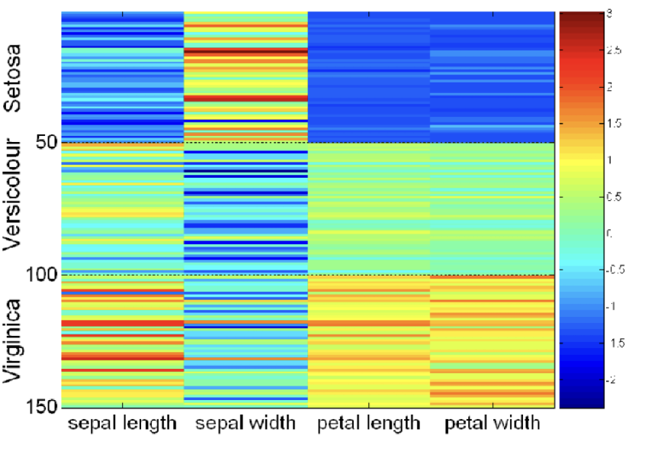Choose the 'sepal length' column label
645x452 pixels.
[123, 422]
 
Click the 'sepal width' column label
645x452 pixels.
[245, 422]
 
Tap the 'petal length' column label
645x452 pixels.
[369, 422]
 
